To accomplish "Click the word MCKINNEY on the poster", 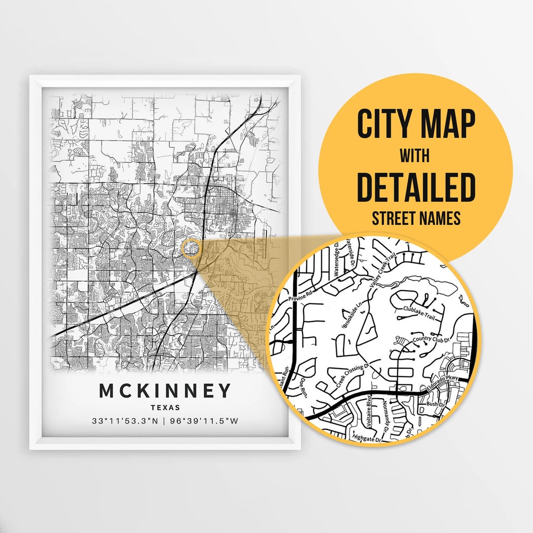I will coord(165,391).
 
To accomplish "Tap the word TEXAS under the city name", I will coord(165,408).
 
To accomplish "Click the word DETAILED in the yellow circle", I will coord(416,188).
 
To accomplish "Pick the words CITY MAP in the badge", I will coord(416,125).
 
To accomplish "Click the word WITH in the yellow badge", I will coord(415,156).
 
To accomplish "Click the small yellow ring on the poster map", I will coord(191,248).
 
